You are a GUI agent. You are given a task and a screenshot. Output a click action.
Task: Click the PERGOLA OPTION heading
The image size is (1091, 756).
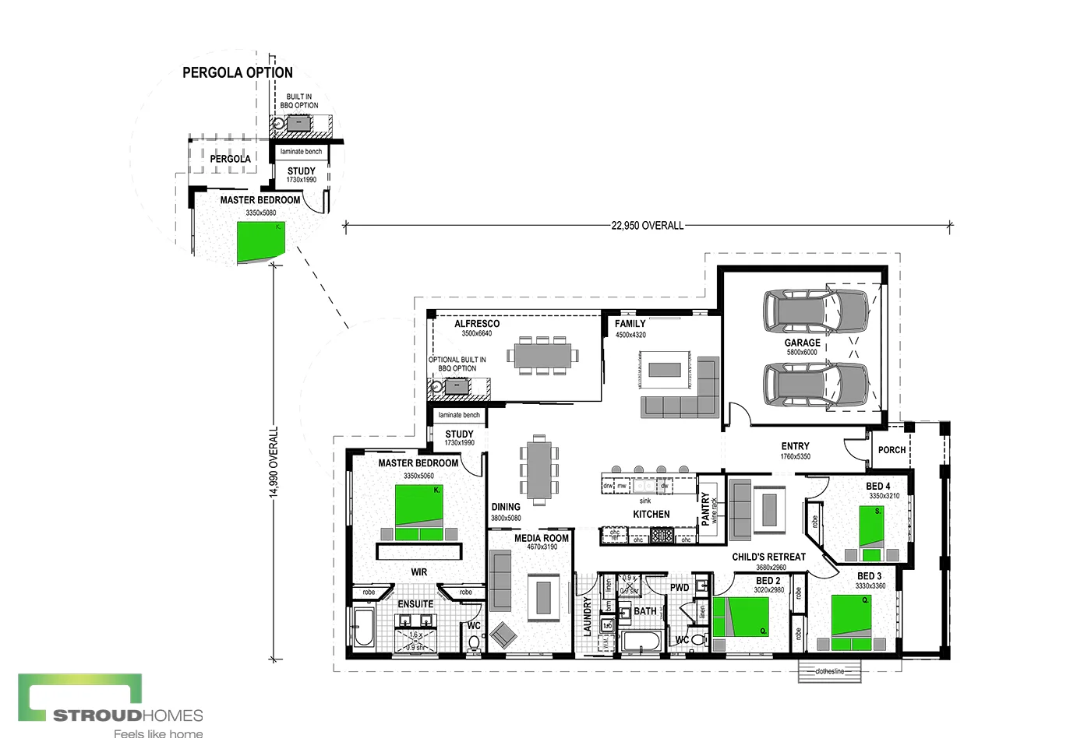238,72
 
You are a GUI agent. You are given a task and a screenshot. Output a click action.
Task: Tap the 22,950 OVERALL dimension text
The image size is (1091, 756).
647,226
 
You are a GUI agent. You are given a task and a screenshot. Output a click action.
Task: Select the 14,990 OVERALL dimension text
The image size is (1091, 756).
274,462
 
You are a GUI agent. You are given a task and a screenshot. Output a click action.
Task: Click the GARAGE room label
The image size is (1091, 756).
802,343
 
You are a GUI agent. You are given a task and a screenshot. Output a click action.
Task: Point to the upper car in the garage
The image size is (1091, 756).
815,311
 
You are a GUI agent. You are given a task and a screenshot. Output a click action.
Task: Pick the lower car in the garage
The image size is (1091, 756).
815,384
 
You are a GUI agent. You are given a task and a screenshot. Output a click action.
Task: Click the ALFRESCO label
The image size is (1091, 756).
477,324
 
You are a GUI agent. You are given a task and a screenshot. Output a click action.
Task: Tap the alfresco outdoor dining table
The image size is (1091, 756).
542,356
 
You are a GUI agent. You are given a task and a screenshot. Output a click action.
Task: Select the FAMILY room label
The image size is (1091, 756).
630,324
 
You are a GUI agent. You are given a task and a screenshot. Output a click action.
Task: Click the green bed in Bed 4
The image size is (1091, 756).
871,527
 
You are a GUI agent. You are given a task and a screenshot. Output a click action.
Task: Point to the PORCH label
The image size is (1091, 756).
892,450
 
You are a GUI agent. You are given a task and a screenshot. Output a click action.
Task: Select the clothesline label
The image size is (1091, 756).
829,671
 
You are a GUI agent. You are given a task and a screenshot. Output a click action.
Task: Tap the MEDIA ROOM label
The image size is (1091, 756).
541,538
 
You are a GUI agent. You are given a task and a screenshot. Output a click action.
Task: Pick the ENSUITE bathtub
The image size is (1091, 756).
363,628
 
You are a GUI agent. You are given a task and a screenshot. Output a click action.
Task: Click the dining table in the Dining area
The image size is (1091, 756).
538,469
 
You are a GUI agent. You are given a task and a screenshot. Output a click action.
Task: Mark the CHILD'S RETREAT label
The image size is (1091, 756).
768,557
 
